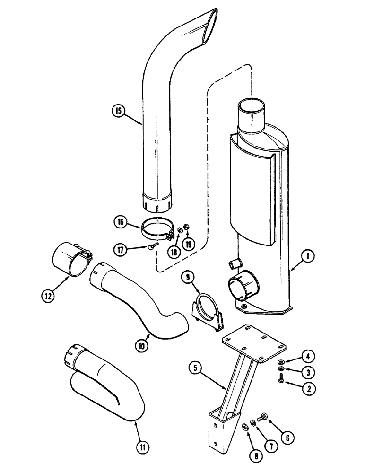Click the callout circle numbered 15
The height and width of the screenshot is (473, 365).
click(118, 111)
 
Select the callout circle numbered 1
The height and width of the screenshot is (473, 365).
click(308, 257)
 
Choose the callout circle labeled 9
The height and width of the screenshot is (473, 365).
click(186, 275)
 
